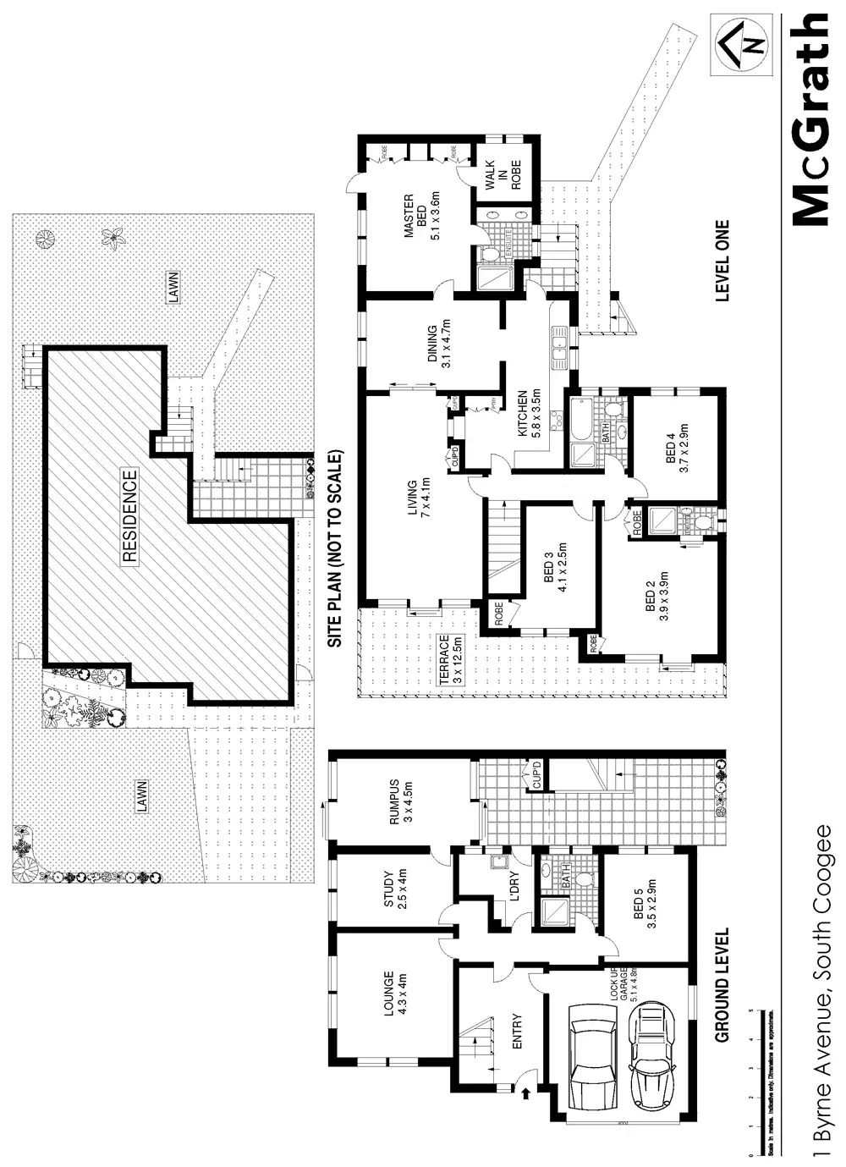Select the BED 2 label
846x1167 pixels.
point(656,596)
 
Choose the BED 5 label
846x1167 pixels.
point(645,904)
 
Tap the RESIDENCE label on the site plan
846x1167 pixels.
point(129,516)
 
